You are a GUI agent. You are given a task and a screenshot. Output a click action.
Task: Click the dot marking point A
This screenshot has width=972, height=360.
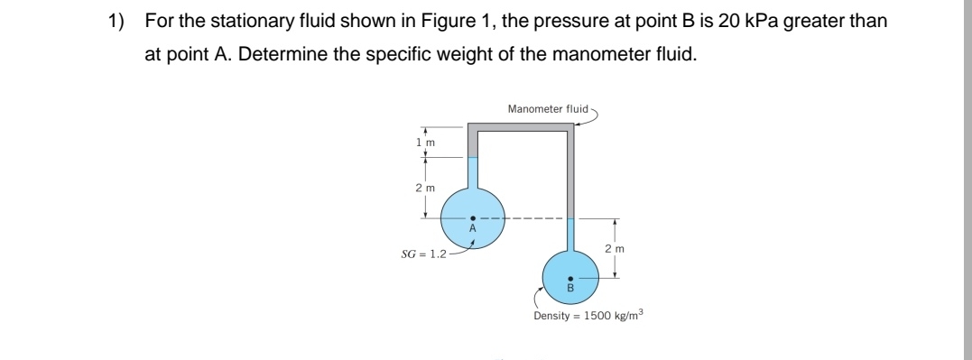471,217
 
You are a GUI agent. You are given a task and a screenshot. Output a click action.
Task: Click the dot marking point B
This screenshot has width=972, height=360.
570,279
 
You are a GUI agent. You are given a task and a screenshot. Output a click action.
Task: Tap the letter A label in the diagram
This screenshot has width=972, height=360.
471,228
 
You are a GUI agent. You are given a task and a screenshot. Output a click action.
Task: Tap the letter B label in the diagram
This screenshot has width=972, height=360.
570,289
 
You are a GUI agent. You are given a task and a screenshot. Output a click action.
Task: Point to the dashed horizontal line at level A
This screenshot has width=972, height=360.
532,217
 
